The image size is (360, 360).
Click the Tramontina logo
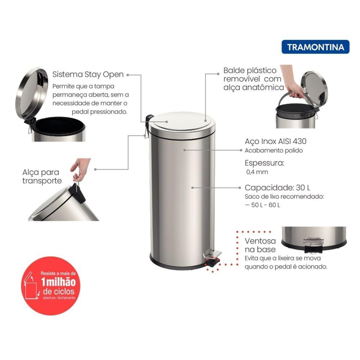[315, 47]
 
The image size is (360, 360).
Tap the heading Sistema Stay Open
[88, 75]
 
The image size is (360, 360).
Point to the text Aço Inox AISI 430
[275, 141]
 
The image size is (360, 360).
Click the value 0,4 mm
[257, 172]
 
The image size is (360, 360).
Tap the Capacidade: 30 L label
[278, 188]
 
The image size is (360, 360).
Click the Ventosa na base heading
[260, 245]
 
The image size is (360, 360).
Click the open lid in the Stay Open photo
[32, 93]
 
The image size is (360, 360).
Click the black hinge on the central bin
[149, 119]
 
